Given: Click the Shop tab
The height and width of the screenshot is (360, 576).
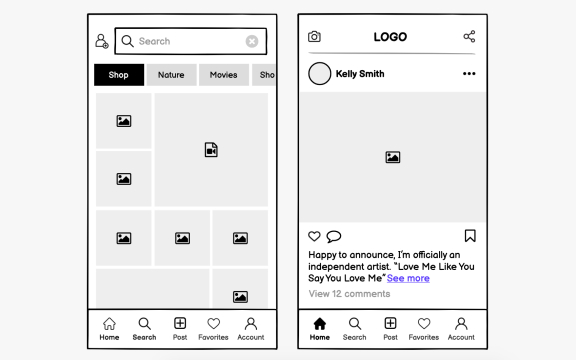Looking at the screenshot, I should (x=119, y=75).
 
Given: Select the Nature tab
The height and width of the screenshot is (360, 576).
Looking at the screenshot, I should (x=171, y=75).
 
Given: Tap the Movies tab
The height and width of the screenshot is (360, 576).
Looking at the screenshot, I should (x=223, y=75).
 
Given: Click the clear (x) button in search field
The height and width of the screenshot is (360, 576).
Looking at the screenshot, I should (x=252, y=41).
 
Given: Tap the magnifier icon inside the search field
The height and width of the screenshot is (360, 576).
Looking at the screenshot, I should (x=127, y=41).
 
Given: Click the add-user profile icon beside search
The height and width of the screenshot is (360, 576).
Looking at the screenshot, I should (x=101, y=41).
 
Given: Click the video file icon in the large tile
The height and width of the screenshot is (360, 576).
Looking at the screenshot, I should (x=211, y=150).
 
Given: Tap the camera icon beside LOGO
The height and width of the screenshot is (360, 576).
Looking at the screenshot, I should (x=314, y=37).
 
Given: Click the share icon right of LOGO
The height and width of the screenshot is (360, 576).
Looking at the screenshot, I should (x=469, y=37).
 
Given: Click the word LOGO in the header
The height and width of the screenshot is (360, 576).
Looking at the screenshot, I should (x=390, y=37).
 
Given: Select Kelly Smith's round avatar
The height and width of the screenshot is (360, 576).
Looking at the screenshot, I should (x=320, y=74).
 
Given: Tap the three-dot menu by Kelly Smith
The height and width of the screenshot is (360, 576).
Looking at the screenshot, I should (x=469, y=74).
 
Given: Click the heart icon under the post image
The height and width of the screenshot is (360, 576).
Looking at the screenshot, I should (x=314, y=236).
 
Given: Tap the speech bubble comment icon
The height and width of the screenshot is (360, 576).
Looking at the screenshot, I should (x=333, y=236).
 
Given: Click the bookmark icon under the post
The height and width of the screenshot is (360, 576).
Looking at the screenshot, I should (x=470, y=236).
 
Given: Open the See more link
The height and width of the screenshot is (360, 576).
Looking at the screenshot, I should (x=408, y=278).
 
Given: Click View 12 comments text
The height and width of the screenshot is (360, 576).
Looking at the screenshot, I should (x=349, y=294).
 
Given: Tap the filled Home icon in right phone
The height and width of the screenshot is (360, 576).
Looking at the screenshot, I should (x=320, y=324).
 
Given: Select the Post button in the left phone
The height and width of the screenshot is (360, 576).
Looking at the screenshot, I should (x=180, y=328).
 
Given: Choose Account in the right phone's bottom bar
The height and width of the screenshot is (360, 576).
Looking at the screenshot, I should (x=461, y=328).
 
